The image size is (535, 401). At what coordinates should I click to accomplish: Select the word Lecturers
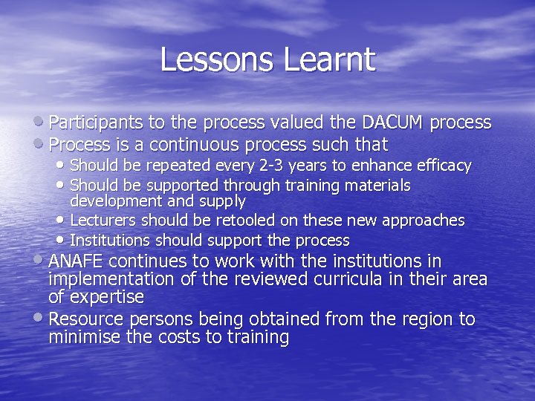pyautogui.click(x=103, y=221)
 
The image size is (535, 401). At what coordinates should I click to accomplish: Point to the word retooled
pyautogui.click(x=214, y=221)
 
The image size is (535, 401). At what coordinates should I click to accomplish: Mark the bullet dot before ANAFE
pyautogui.click(x=41, y=261)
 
